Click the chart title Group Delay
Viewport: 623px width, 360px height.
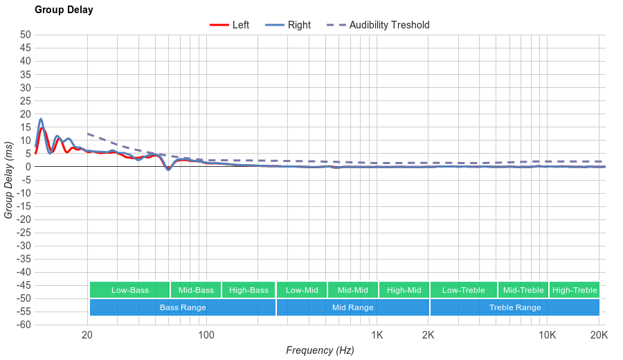[x=64, y=10]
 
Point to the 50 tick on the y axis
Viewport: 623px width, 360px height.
[x=26, y=35]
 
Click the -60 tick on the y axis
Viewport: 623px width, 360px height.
[x=24, y=325]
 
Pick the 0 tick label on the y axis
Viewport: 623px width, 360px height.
[x=28, y=167]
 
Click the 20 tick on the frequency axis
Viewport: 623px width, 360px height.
[x=87, y=336]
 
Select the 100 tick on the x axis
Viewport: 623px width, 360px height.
[x=206, y=336]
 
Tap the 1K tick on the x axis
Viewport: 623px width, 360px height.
[x=377, y=336]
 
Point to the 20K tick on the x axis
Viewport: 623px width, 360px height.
[x=599, y=336]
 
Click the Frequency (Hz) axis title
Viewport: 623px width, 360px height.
[x=320, y=350]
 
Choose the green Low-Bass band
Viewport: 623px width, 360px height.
[x=129, y=290]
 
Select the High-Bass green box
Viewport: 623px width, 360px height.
[x=249, y=290]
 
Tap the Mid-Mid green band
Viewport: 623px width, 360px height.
[x=353, y=290]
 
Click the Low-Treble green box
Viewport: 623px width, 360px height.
[x=463, y=290]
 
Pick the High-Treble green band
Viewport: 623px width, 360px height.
[x=575, y=290]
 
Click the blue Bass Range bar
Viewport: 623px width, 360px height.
[x=183, y=307]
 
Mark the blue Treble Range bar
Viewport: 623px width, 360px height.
[x=515, y=307]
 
